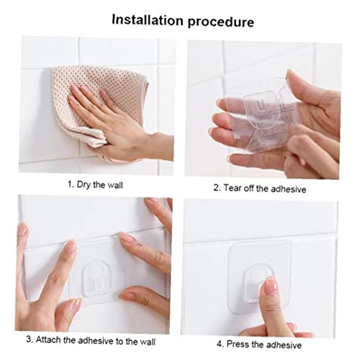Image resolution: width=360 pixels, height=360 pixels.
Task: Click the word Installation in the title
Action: (148, 20)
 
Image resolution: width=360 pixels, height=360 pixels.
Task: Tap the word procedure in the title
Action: (221, 22)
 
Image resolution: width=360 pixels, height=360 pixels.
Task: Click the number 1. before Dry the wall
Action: (71, 184)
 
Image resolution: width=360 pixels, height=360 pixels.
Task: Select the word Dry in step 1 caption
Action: (84, 185)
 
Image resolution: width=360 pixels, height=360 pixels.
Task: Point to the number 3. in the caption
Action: (30, 339)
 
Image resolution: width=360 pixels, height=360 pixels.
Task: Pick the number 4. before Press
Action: (220, 344)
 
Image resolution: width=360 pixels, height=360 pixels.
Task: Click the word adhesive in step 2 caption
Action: (289, 189)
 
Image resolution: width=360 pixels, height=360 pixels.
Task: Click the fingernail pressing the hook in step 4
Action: (271, 286)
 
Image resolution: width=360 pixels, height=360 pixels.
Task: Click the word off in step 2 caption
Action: (248, 189)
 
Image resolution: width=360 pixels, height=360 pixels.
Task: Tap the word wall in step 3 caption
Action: (149, 341)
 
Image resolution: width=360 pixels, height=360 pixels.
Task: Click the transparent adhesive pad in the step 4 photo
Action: (260, 276)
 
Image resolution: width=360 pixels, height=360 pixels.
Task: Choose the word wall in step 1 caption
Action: (115, 185)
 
